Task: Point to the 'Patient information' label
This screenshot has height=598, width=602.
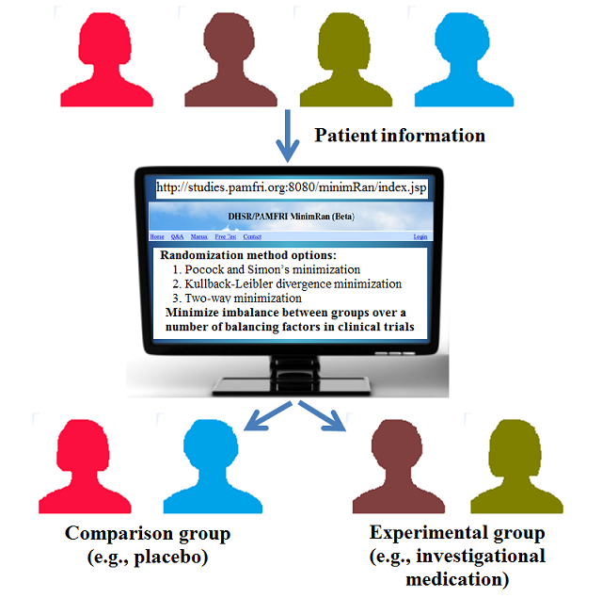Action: click(400, 136)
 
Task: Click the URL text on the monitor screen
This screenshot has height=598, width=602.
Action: click(291, 187)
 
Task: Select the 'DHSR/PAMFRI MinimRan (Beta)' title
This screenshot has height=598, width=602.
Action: click(291, 217)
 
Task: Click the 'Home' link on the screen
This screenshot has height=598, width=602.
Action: click(157, 237)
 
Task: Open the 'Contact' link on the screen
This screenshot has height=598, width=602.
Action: click(252, 237)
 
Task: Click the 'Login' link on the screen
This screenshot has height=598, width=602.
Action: click(420, 237)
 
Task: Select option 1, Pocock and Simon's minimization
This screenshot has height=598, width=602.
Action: click(260, 269)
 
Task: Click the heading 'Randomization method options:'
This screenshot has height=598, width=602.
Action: click(247, 255)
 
